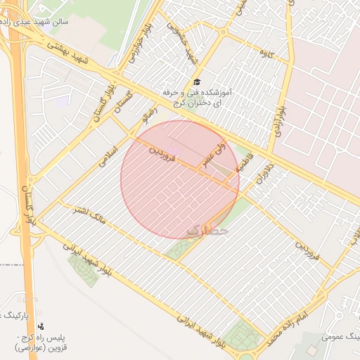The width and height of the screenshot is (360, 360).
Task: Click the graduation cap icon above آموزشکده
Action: pyautogui.click(x=196, y=82)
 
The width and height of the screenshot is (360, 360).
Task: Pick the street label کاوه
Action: pyautogui.click(x=265, y=53)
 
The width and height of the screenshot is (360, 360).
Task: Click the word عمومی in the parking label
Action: pyautogui.click(x=337, y=337)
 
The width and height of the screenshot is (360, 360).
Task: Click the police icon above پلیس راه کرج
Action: pyautogui.click(x=41, y=326)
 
